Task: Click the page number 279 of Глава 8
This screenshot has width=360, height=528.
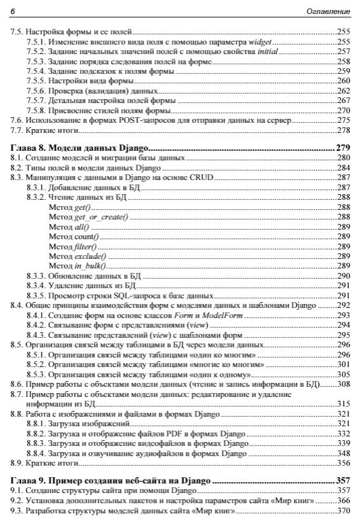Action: (x=343, y=148)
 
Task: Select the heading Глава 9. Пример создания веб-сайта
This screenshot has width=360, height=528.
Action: (x=112, y=482)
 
